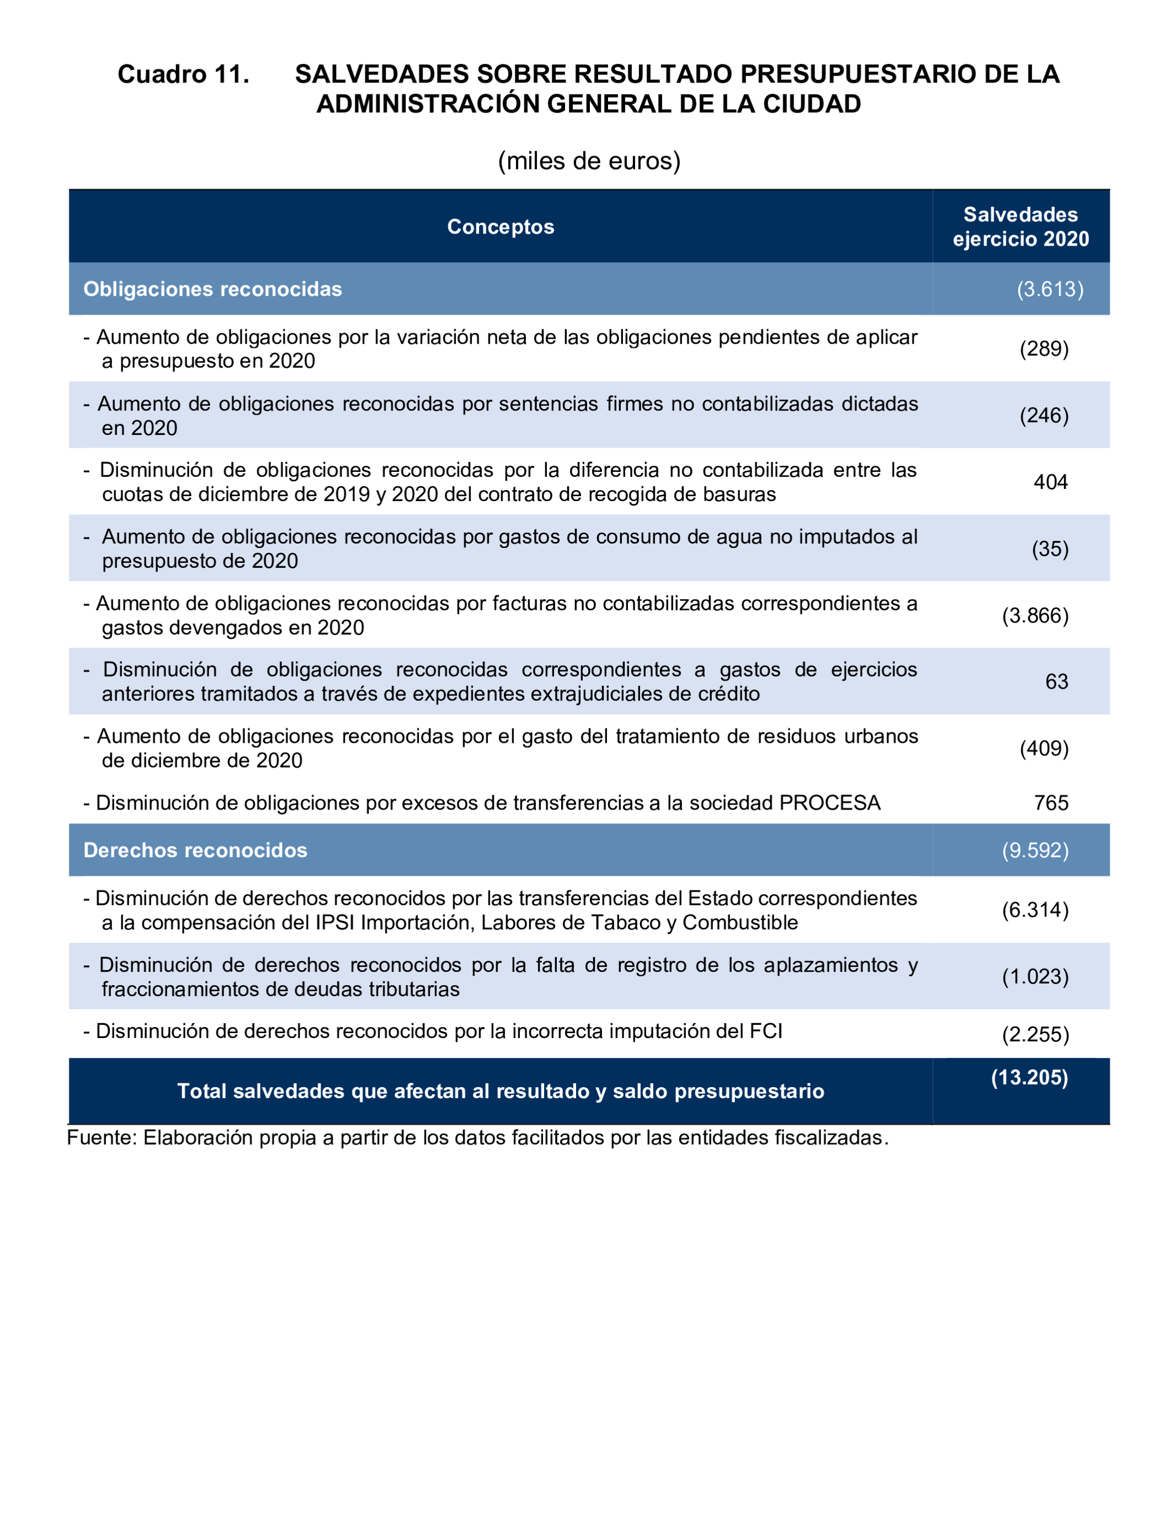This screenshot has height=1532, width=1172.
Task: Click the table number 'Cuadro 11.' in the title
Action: [184, 74]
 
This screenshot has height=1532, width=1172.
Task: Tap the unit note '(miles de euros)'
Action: [589, 161]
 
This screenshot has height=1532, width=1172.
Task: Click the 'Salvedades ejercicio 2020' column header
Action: [1021, 227]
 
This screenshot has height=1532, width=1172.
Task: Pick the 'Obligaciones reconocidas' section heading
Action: [213, 289]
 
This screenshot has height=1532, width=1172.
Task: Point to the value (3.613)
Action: [1050, 289]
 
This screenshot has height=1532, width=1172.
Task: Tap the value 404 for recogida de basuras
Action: [1051, 482]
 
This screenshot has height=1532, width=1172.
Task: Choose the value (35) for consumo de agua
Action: [1050, 549]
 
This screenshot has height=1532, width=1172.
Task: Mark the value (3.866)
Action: [1035, 615]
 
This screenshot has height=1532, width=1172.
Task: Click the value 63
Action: [1056, 682]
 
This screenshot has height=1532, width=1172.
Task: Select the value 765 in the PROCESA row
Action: [1051, 802]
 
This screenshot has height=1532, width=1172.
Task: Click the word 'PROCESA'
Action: [829, 802]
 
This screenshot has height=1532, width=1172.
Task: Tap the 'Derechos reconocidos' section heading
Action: [195, 850]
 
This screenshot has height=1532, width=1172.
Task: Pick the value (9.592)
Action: [1035, 850]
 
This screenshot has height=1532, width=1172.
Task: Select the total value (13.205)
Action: [1029, 1077]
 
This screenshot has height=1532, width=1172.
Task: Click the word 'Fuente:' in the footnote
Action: [102, 1138]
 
